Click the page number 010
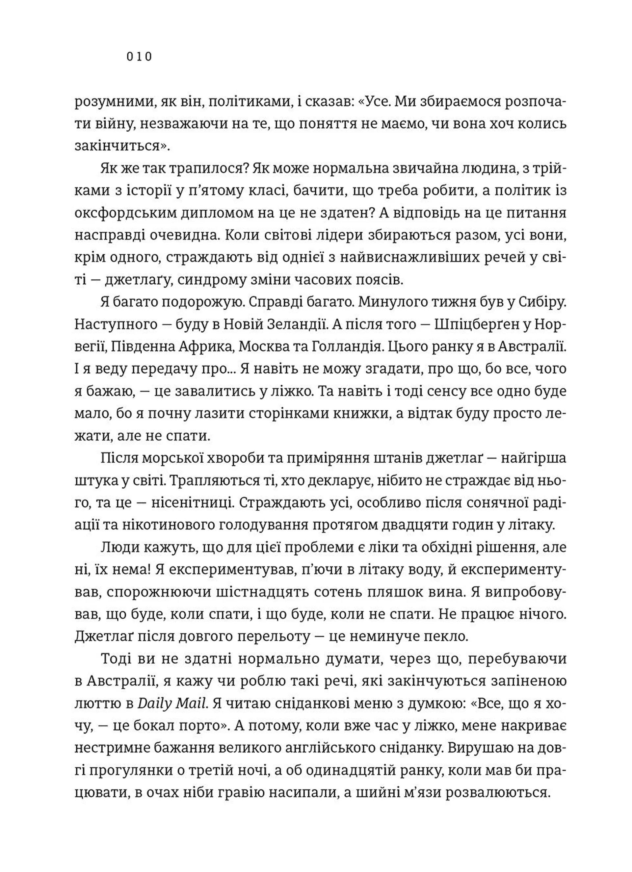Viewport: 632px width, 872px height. [x=139, y=57]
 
